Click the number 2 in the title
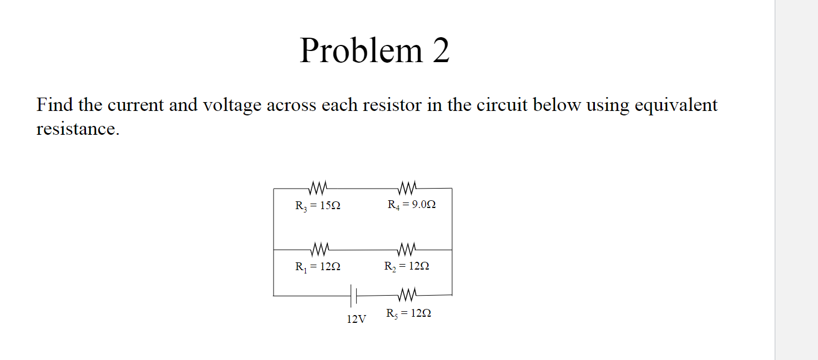pyautogui.click(x=441, y=50)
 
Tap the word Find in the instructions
pyautogui.click(x=54, y=105)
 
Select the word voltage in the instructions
pyautogui.click(x=233, y=105)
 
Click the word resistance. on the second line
pyautogui.click(x=78, y=129)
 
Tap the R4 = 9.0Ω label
pyautogui.click(x=411, y=205)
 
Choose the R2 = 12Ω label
pyautogui.click(x=407, y=266)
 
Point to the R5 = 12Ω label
pyautogui.click(x=408, y=313)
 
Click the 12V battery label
pyautogui.click(x=356, y=320)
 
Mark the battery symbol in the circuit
pyautogui.click(x=353, y=296)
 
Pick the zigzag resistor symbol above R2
pyautogui.click(x=408, y=246)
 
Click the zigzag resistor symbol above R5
pyautogui.click(x=407, y=292)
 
